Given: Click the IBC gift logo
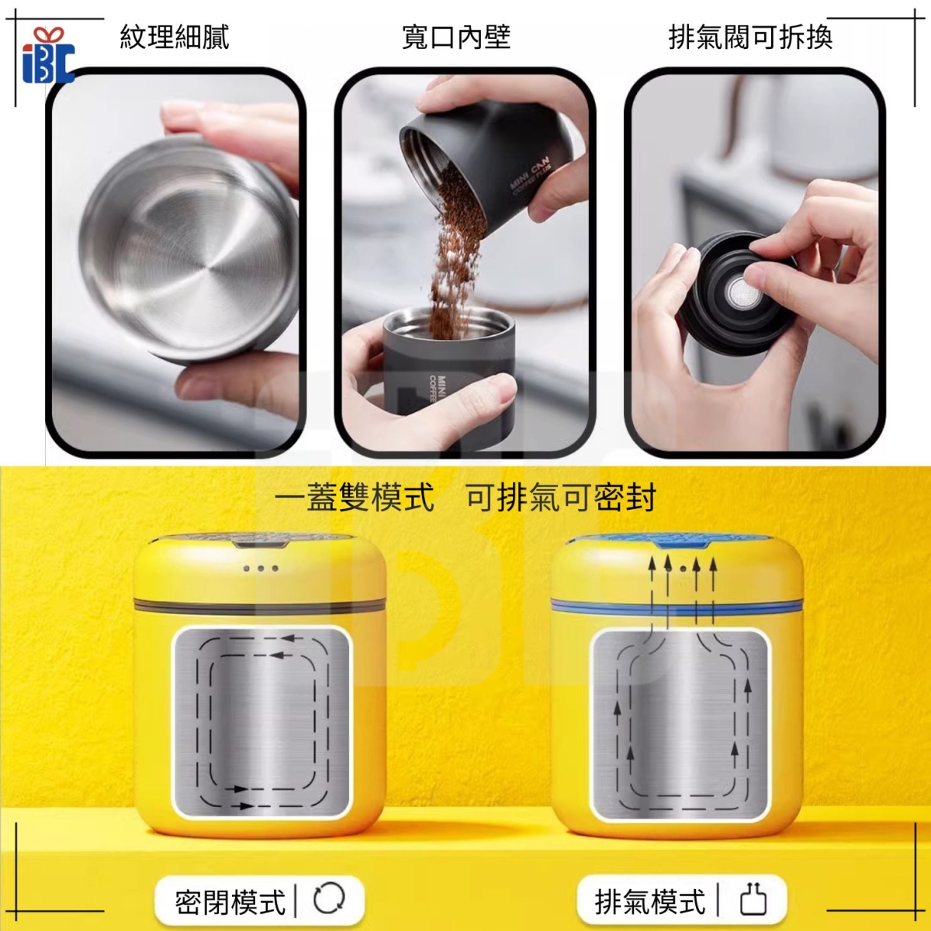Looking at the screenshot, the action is point(48,57).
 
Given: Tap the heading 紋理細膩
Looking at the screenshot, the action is point(175,38).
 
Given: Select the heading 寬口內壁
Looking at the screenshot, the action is point(456,38).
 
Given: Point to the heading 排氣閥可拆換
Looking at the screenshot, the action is point(750,38).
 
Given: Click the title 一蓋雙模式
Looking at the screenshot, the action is point(355,497).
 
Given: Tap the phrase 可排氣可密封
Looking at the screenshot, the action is point(560,497).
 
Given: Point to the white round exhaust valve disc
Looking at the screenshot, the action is point(740,292).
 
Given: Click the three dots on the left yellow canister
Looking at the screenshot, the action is point(261,568).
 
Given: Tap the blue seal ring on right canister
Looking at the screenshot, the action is point(677,607).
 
